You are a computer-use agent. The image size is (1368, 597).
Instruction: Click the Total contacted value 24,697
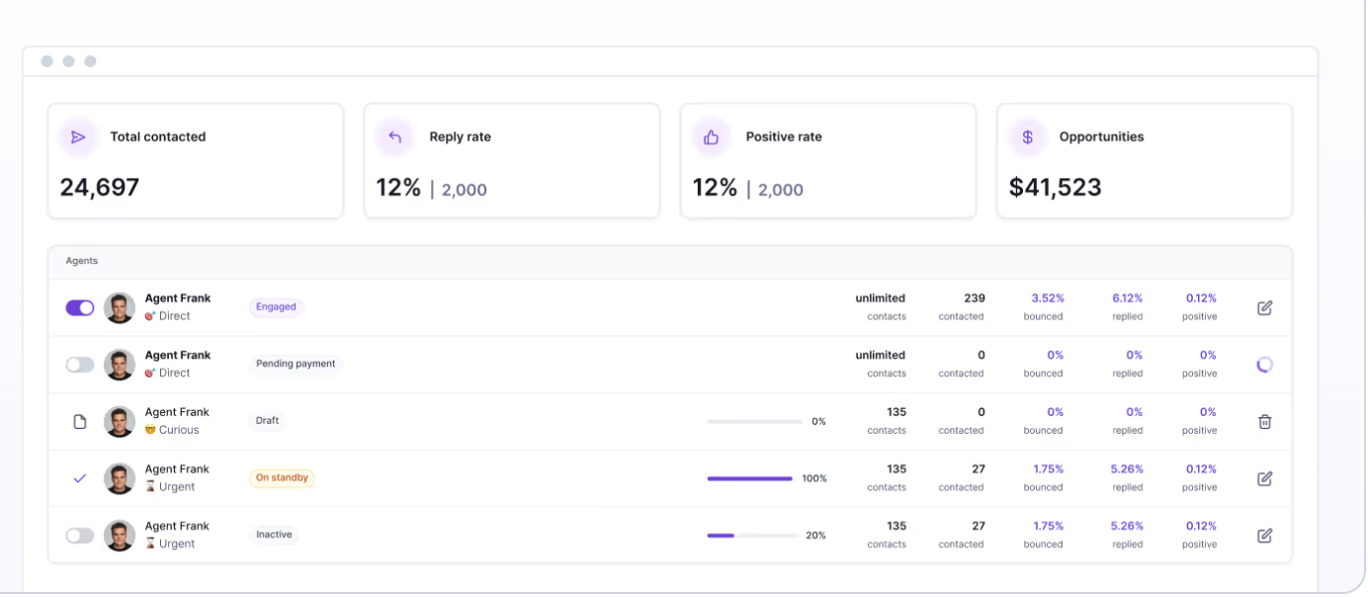100,188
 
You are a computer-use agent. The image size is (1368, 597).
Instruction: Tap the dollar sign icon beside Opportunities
1028,136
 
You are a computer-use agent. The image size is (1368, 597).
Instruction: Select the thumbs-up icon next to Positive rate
711,137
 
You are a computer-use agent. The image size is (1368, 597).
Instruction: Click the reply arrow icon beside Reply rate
395,136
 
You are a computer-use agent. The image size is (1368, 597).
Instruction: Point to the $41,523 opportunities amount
1055,188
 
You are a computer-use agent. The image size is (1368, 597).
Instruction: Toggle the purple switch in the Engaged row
80,307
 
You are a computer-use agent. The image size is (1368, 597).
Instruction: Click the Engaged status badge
276,306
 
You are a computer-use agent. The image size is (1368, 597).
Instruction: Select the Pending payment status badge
296,363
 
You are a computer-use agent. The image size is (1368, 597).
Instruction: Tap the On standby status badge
282,477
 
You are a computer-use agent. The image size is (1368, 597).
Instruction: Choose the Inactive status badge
274,534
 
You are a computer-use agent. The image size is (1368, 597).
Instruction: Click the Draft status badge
267,420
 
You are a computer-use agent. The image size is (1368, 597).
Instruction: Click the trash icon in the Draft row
1265,421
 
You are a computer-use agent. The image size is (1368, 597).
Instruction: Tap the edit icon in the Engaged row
1265,307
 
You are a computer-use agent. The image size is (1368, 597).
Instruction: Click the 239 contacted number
975,298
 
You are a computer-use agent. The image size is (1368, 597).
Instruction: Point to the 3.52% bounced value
1048,298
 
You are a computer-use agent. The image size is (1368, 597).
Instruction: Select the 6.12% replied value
1128,298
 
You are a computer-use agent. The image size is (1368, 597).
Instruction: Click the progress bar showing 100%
750,478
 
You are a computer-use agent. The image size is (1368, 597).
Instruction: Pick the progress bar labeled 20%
752,536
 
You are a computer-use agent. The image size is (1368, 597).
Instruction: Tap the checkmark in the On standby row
80,478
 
